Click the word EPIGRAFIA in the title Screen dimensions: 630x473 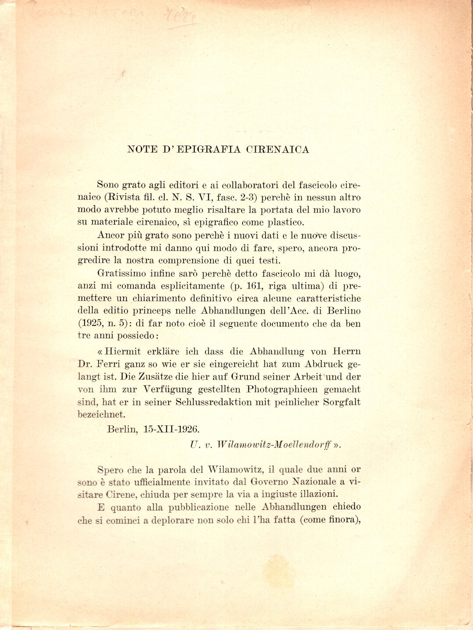(x=204, y=150)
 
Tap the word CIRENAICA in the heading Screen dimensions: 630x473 (x=278, y=150)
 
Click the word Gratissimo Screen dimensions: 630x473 (x=121, y=274)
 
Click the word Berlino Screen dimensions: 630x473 (x=342, y=311)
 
